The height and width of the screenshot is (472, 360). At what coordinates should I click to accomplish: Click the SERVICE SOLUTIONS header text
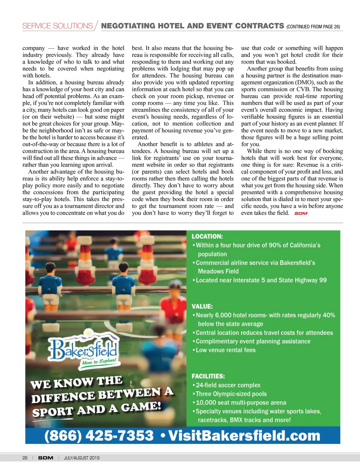click(x=58, y=26)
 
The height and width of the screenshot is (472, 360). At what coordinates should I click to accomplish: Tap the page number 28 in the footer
click(x=25, y=458)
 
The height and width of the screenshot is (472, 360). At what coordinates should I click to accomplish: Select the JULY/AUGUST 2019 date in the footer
click(x=82, y=458)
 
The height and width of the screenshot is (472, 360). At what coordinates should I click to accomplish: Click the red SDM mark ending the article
click(x=301, y=213)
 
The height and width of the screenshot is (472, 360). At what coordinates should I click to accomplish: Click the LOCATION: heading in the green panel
click(x=207, y=236)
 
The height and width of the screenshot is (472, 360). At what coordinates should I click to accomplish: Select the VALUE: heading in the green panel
click(x=202, y=306)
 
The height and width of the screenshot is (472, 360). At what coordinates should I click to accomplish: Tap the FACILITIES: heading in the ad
click(x=208, y=376)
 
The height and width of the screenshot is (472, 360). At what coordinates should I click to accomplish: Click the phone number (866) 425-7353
click(x=99, y=435)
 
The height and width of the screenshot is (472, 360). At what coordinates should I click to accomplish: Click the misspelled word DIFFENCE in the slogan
click(x=63, y=398)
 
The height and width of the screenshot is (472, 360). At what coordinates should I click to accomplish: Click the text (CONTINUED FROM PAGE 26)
click(x=313, y=27)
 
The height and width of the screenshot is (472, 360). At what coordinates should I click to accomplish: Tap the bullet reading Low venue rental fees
click(x=225, y=350)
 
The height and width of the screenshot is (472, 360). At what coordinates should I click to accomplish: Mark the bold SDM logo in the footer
click(x=46, y=458)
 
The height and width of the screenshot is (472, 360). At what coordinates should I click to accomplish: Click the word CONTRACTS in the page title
click(x=259, y=26)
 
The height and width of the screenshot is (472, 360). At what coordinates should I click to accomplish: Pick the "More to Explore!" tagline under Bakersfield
click(x=99, y=361)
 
